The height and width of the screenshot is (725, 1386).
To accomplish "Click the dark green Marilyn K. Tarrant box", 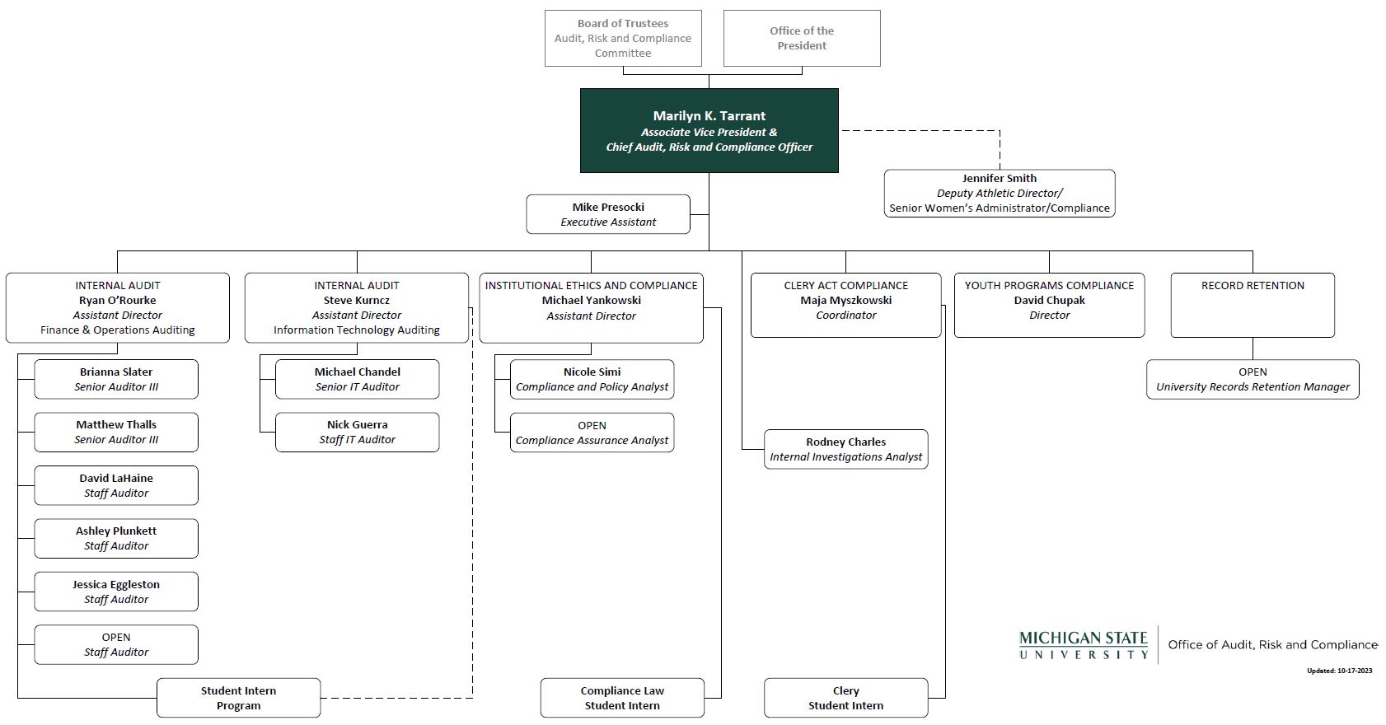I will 709,130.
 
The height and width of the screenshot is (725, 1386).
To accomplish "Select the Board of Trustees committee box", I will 623,39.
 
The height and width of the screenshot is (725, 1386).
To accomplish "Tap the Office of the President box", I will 802,39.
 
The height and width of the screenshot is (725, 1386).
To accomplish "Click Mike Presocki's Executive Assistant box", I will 608,214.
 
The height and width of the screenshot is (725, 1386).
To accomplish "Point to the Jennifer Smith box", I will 1000,194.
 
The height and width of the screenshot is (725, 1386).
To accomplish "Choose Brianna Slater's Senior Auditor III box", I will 116,379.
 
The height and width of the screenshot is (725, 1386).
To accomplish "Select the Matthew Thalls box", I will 116,433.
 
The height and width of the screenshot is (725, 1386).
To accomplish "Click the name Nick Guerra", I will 357,425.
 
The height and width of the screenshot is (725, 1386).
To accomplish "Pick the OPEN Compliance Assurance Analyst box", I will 592,433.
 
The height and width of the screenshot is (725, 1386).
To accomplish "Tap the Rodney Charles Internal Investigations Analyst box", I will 845,449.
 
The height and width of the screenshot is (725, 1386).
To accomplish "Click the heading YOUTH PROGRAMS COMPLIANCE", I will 1049,286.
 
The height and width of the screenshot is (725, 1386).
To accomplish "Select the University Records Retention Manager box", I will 1253,379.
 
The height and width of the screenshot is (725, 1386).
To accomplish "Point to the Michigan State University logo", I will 1084,645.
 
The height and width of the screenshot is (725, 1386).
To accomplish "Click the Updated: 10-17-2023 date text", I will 1339,671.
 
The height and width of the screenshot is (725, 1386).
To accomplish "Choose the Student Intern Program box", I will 238,698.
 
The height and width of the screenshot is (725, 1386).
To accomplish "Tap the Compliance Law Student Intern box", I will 622,698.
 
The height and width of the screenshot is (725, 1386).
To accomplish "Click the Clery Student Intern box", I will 845,698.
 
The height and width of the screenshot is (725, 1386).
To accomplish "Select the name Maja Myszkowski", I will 845,301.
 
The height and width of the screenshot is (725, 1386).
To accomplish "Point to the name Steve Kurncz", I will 357,301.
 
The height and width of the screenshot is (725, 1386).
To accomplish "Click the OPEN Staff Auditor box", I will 116,644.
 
